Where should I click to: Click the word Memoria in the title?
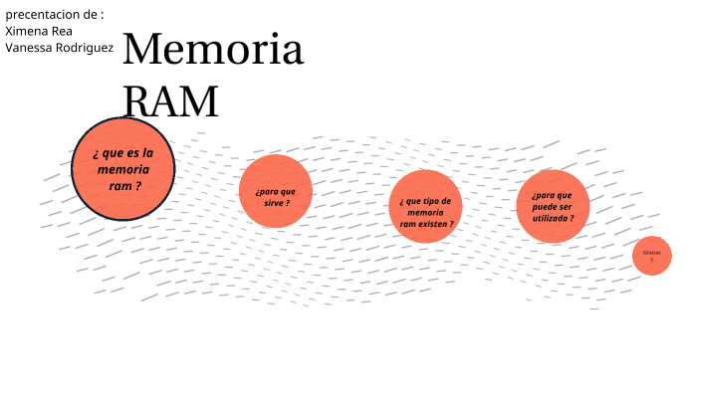point(212,51)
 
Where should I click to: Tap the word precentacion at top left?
point(43,15)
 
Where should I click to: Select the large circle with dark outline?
point(123,169)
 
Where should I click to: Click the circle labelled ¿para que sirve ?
point(276,191)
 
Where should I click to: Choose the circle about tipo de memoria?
point(425,207)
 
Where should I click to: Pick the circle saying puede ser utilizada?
point(553,206)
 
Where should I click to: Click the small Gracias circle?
point(652,256)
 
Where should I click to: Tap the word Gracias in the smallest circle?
point(652,253)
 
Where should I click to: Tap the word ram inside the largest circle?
point(119,185)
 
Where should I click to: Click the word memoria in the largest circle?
point(123,169)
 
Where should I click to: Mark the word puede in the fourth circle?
point(546,206)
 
